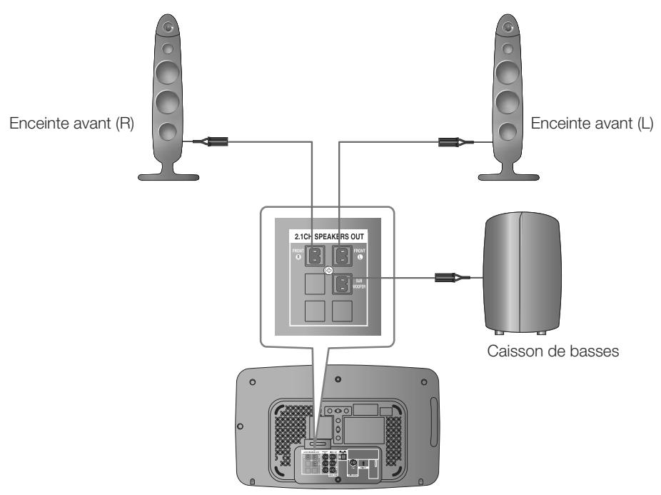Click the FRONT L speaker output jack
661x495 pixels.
344,255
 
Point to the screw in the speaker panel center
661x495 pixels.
328,271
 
